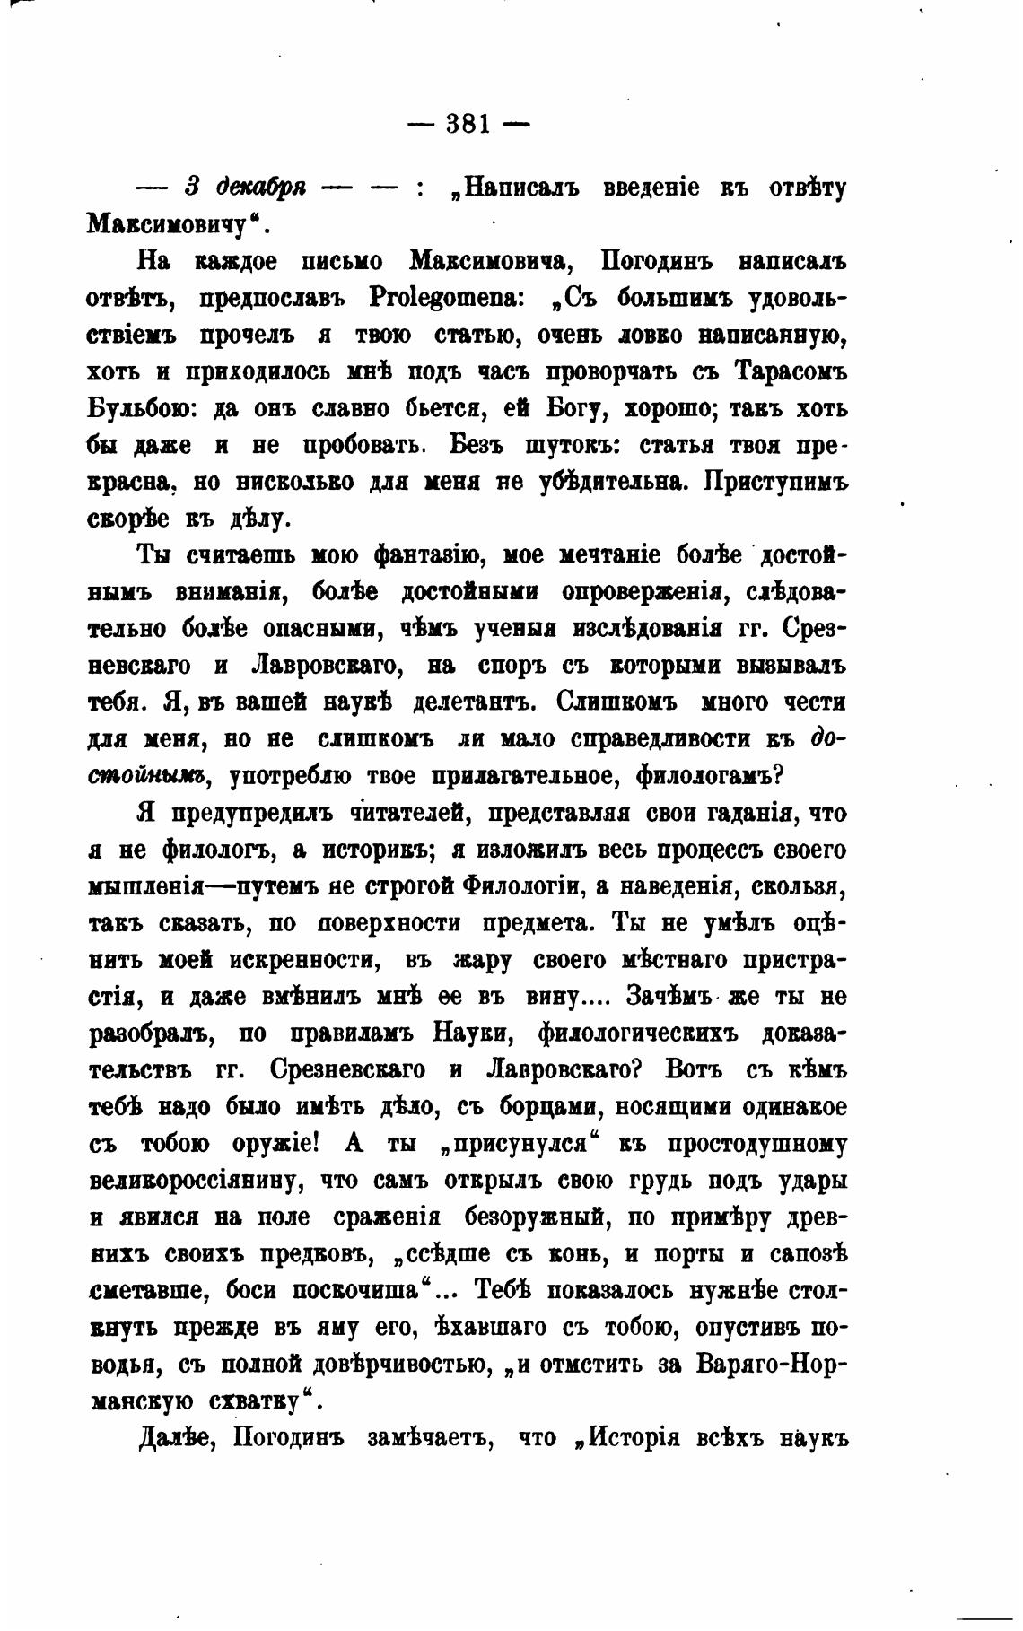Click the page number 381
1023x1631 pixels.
pos(468,123)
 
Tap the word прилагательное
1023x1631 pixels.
pos(526,775)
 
